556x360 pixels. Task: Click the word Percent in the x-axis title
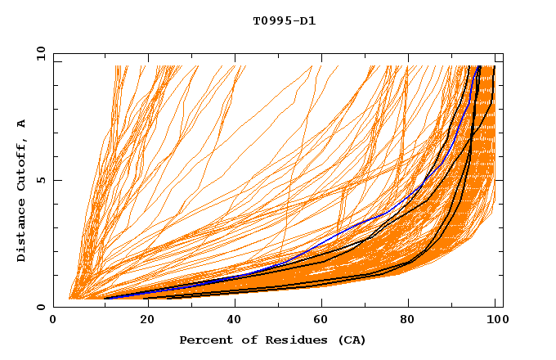coord(203,340)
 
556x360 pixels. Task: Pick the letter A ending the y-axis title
coord(21,124)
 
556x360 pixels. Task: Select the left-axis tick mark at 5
coord(56,180)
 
